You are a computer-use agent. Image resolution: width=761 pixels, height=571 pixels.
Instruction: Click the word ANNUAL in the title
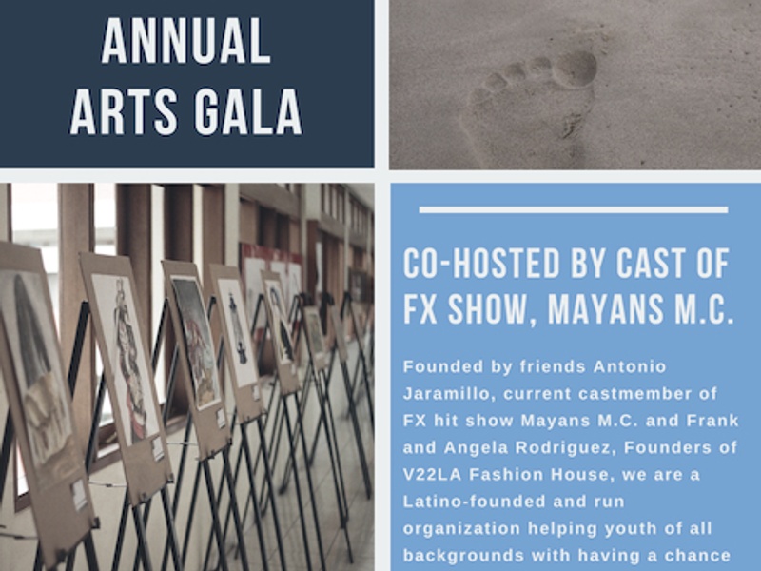[x=185, y=41]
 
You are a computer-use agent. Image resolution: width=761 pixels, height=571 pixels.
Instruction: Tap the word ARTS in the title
[x=124, y=111]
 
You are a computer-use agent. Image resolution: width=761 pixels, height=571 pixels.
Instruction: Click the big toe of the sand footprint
[x=576, y=69]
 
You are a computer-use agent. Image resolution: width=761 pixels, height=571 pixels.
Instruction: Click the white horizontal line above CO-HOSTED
[x=574, y=209]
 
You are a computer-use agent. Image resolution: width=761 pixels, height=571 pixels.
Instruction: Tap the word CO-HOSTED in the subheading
[x=482, y=264]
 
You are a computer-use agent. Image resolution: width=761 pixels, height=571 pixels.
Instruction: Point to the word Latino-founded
[x=473, y=502]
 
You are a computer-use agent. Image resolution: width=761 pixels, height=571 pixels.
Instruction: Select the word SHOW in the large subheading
[x=486, y=309]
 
